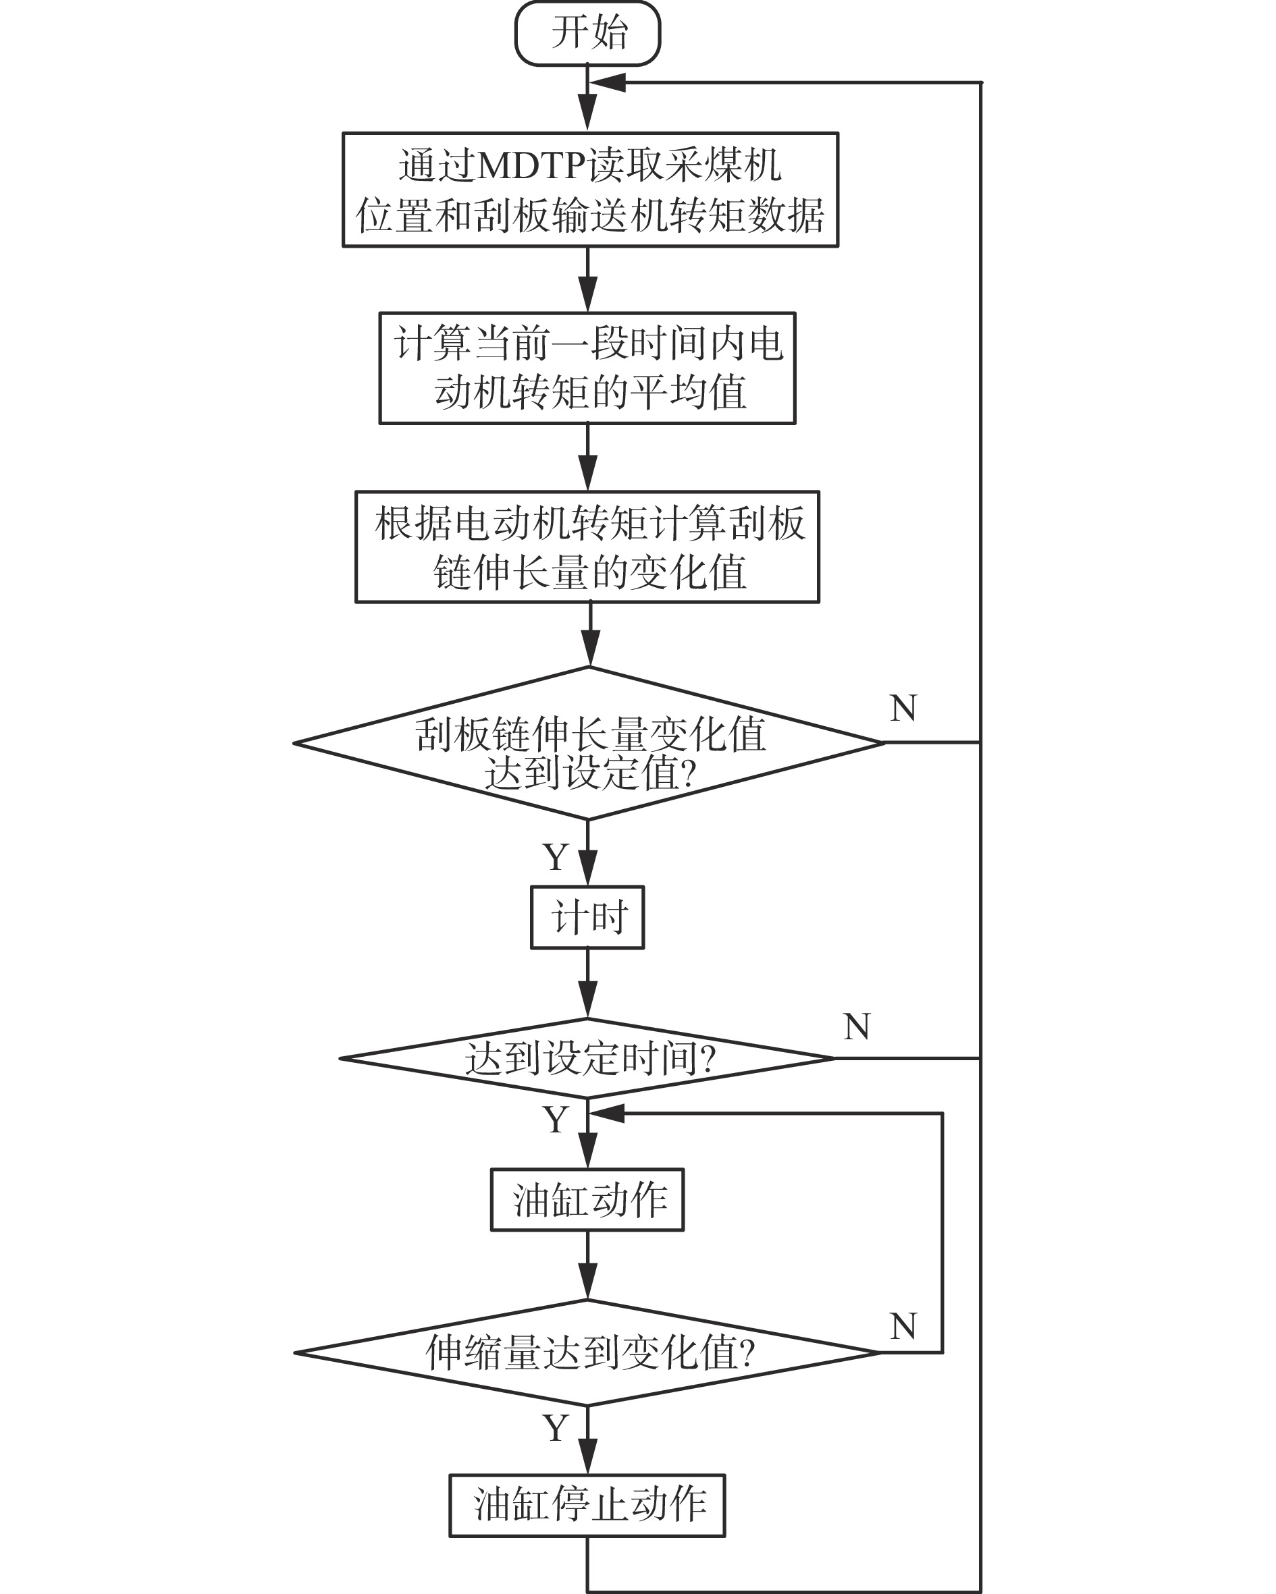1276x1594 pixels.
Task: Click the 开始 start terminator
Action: coord(587,33)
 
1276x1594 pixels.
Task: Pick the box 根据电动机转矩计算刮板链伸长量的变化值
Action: coord(587,547)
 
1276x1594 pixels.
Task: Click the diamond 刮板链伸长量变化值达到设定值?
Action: coord(589,744)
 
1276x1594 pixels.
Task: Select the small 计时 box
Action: coord(587,918)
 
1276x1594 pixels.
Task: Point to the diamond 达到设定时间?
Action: coord(587,1059)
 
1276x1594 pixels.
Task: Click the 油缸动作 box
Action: coord(587,1199)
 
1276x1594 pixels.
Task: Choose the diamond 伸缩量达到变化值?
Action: coord(587,1353)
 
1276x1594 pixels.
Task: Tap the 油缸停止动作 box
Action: coord(587,1506)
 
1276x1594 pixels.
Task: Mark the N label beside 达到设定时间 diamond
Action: coord(857,1027)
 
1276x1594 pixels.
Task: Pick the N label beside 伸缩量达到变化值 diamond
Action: coord(903,1326)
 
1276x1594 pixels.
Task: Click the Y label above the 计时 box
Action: coord(556,858)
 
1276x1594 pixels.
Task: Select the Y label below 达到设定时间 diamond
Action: coord(556,1120)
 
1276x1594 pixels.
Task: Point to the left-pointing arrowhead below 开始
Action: coord(606,83)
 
